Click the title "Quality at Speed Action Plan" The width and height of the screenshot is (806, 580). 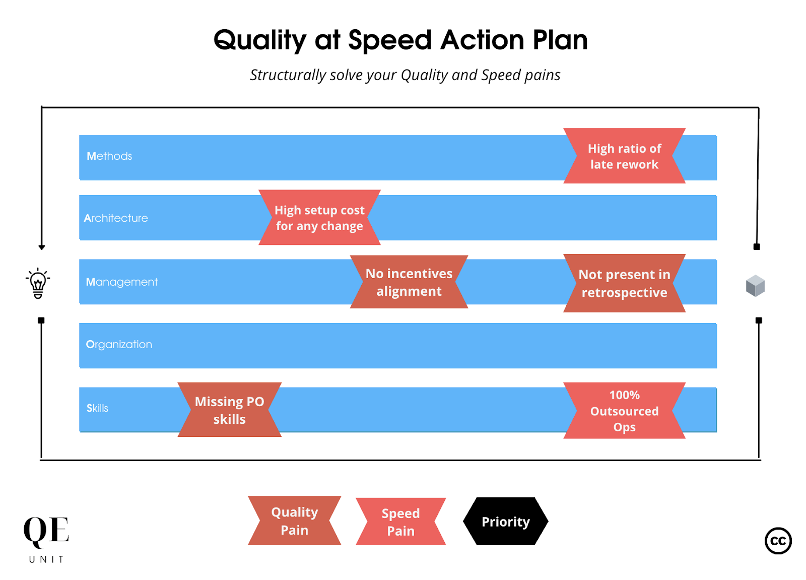pos(400,40)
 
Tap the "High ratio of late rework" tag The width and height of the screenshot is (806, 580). pos(624,156)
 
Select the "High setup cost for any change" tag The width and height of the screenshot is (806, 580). pos(319,218)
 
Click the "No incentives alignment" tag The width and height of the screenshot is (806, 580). pos(409,282)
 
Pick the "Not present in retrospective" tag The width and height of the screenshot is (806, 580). pos(624,283)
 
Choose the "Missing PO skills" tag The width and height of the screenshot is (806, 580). pos(230,410)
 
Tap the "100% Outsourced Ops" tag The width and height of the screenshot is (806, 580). pos(624,411)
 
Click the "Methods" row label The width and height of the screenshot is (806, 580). pos(109,156)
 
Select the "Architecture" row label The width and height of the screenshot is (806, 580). pos(116,218)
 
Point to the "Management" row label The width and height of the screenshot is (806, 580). pos(121,282)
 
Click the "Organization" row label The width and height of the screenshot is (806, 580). pos(119,345)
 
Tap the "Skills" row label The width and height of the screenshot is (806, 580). pos(97,408)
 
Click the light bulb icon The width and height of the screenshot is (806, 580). pos(38,283)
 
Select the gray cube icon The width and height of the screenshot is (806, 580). pos(755,286)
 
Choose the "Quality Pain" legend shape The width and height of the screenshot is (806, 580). pos(295,521)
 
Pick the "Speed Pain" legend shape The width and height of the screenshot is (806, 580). pos(401,522)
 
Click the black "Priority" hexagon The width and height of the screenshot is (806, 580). pos(505,522)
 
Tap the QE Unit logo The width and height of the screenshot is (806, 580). pos(46,538)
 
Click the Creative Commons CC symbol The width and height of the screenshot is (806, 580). pos(778,541)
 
